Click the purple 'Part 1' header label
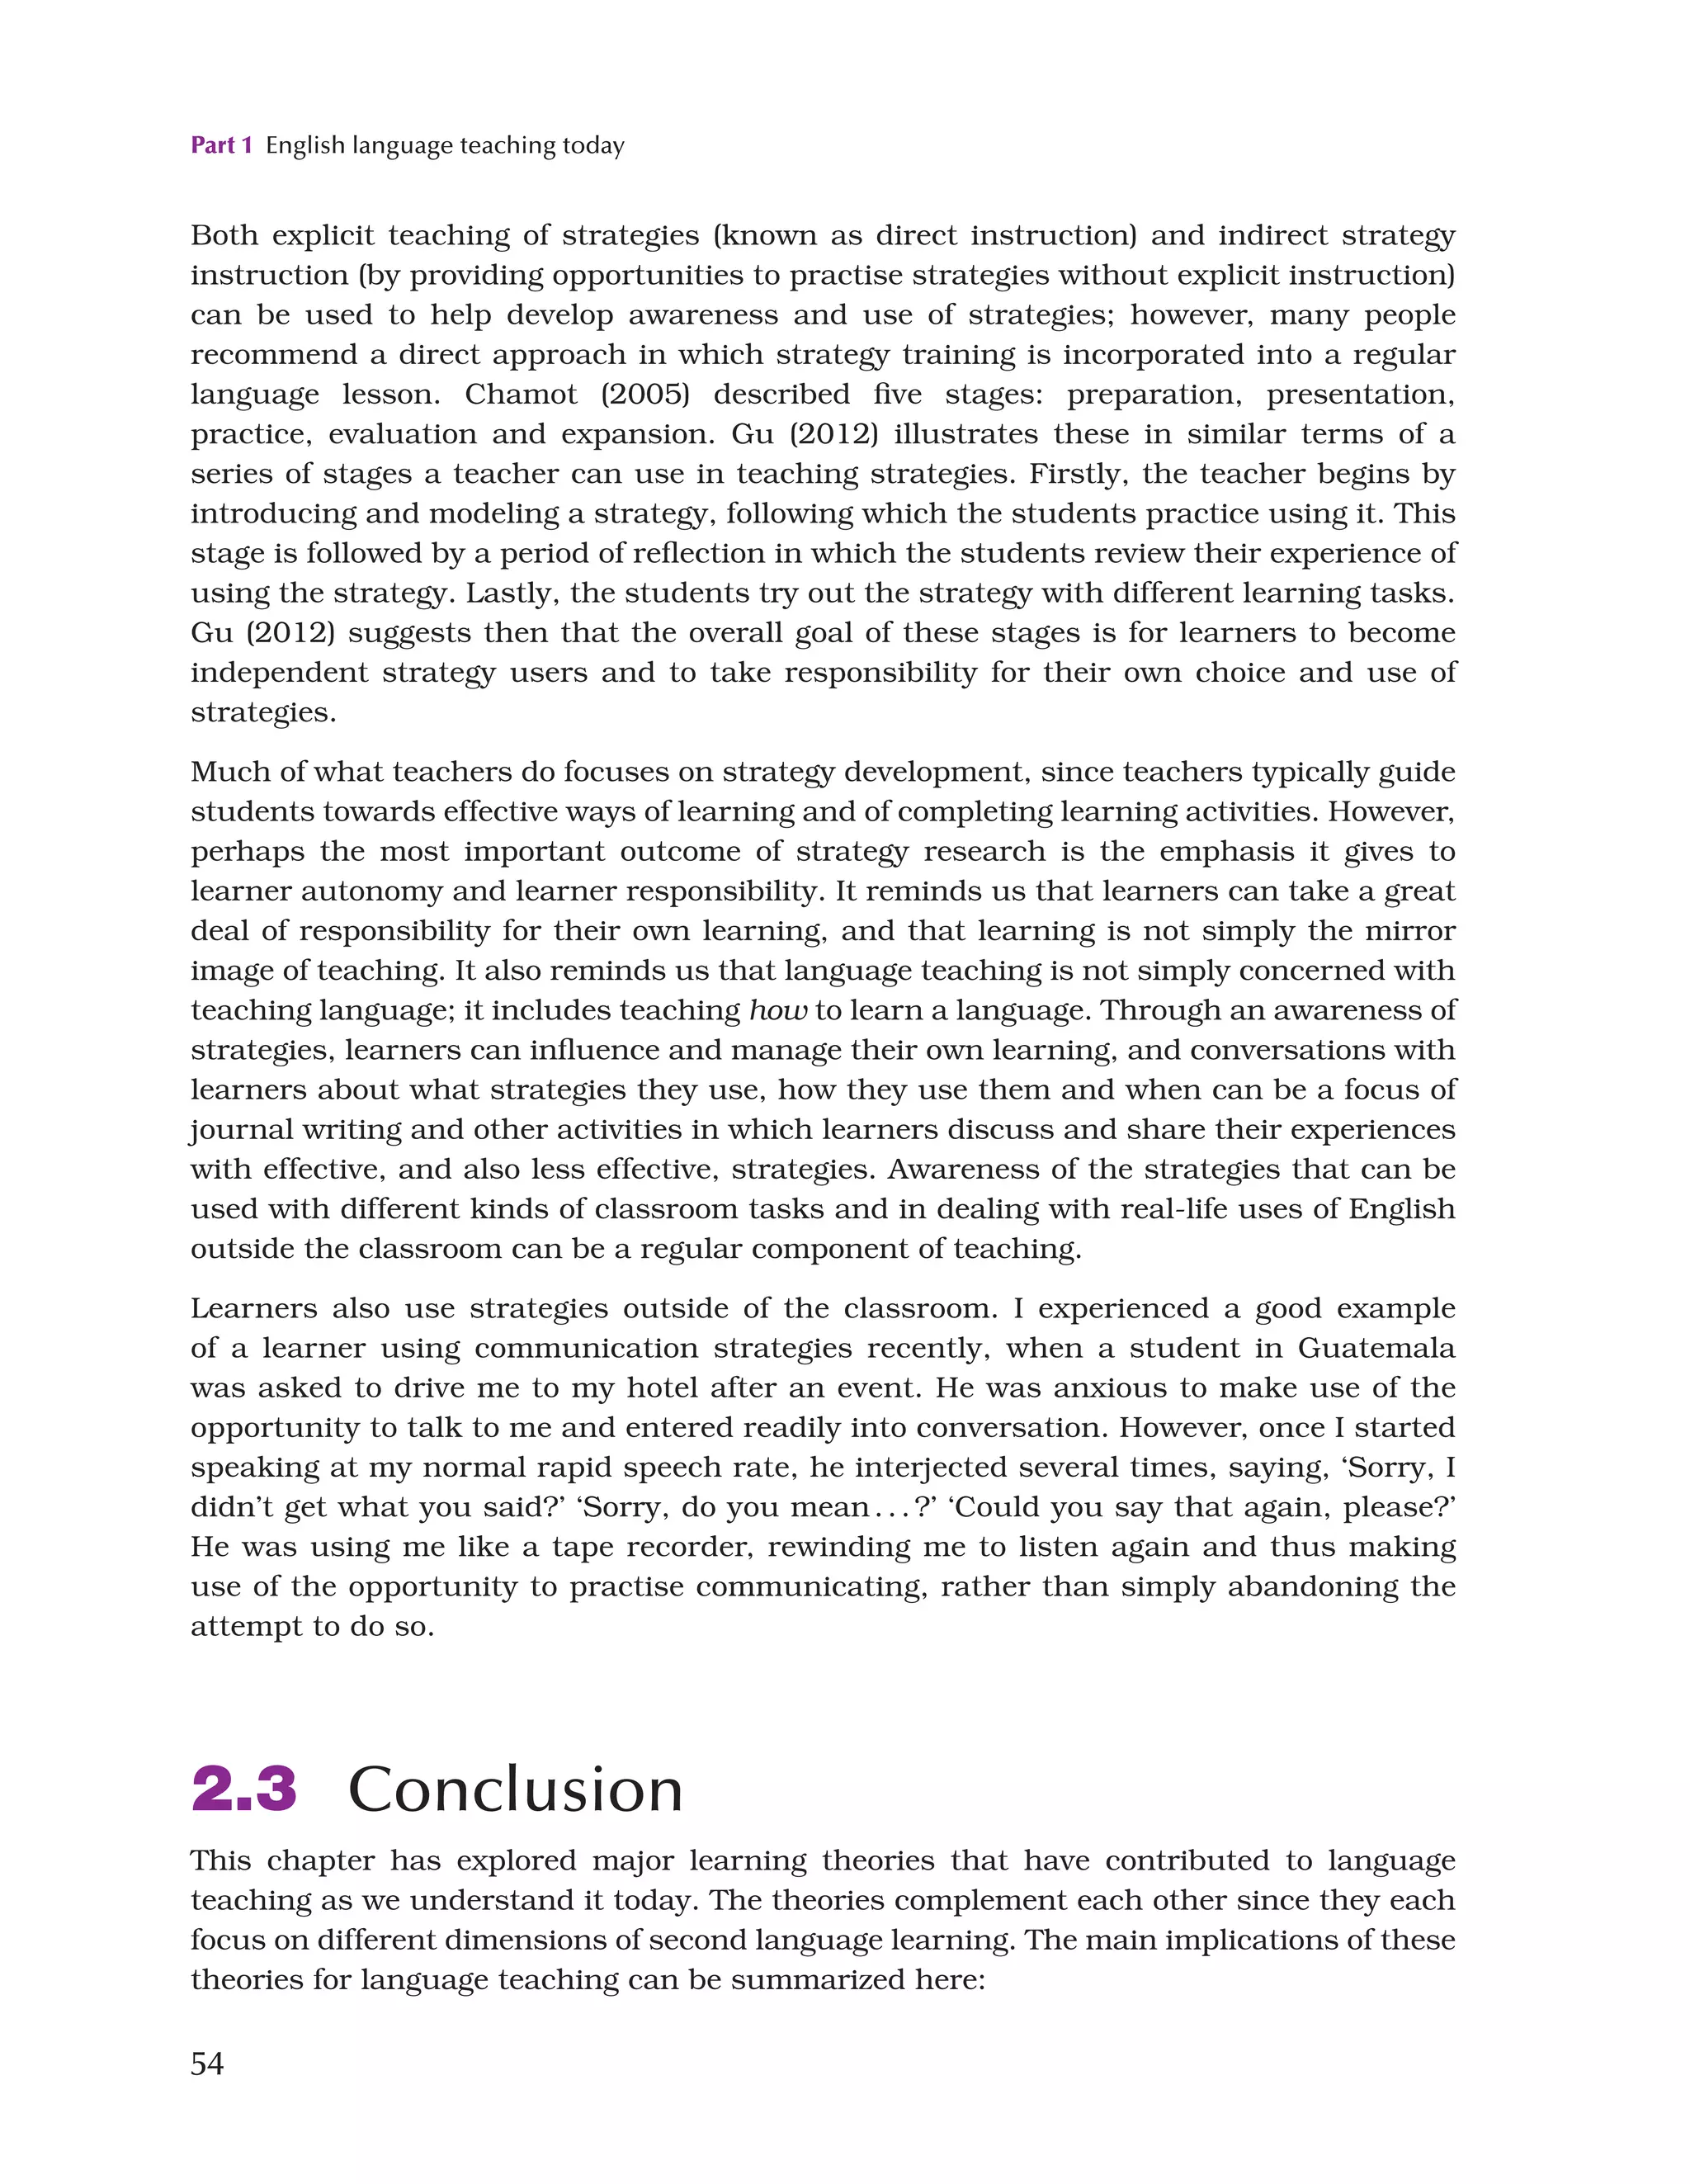click(x=221, y=146)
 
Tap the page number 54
click(x=207, y=2063)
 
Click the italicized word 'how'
click(x=777, y=1011)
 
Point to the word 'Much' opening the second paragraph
click(x=227, y=772)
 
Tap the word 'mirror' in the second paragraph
click(x=1411, y=931)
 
